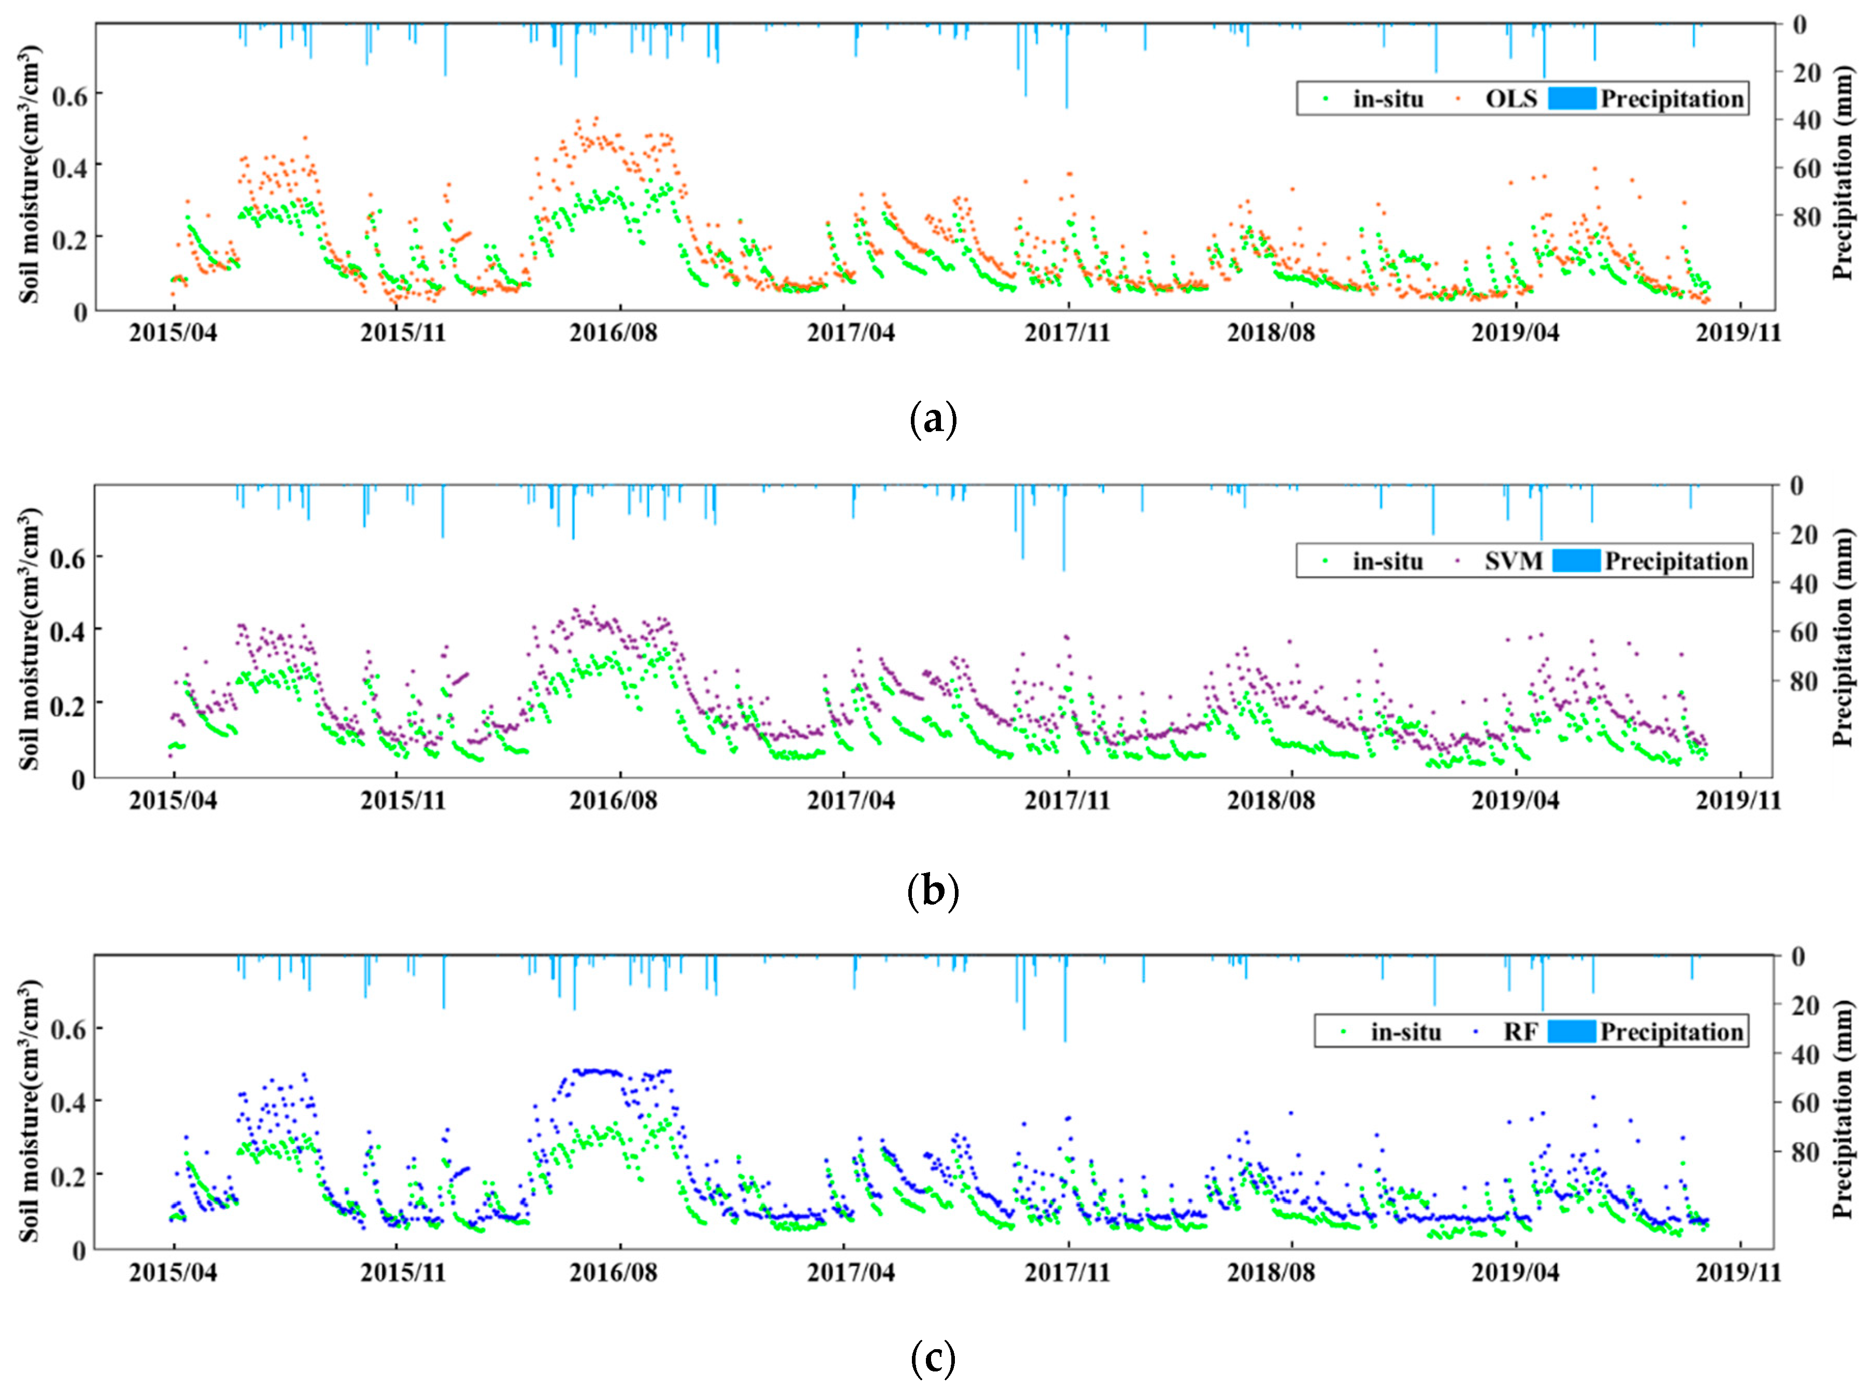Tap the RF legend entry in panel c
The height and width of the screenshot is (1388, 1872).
[x=1520, y=1032]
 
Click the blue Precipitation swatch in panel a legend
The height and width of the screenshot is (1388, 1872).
[x=1571, y=99]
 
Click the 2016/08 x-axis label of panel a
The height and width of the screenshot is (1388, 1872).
[x=613, y=333]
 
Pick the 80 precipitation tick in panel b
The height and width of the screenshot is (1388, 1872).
[x=1804, y=681]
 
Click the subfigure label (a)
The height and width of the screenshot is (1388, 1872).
[x=933, y=419]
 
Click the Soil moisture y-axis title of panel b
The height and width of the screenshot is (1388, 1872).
[x=30, y=638]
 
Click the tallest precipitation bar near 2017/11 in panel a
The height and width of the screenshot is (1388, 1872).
[x=1066, y=67]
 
